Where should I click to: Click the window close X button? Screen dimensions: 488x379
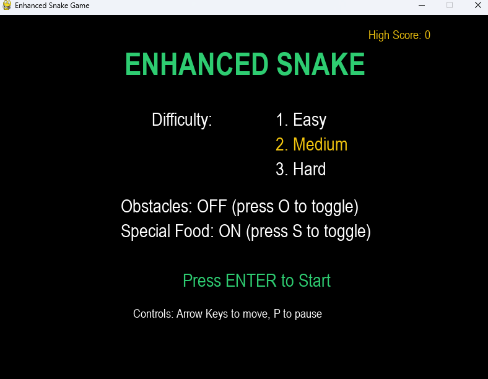tap(478, 5)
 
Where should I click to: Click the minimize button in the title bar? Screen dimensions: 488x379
tap(422, 6)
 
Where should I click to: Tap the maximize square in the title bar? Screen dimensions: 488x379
tap(450, 5)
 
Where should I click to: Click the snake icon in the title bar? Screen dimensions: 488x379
tap(7, 6)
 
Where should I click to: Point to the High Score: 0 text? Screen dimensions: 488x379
tap(399, 35)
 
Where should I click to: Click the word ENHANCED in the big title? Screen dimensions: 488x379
tap(197, 64)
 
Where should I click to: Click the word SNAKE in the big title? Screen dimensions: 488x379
tap(321, 64)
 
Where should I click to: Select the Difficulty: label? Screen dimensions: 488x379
tap(181, 120)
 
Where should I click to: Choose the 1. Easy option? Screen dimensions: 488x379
tap(301, 120)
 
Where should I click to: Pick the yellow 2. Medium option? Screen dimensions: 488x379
tap(312, 145)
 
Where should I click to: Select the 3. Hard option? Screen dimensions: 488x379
tap(300, 169)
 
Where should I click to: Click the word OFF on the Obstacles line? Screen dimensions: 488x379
tap(212, 206)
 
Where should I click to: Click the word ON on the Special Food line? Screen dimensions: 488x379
tap(230, 231)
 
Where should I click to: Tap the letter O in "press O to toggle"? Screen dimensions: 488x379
tap(284, 206)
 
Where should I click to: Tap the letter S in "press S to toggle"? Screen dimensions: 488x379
tap(297, 231)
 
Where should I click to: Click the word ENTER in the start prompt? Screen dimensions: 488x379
tap(251, 281)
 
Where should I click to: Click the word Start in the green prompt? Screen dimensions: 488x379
tap(315, 281)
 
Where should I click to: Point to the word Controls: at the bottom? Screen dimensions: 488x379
tap(153, 313)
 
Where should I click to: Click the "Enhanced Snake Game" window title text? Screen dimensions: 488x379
tap(52, 6)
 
